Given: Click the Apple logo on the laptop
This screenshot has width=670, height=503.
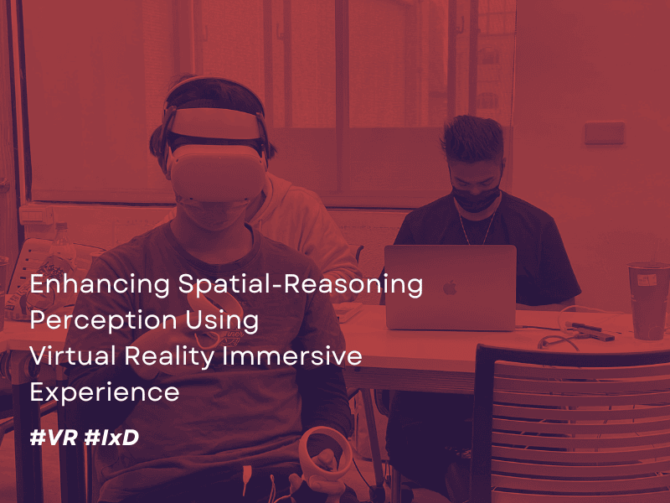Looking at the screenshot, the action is (x=450, y=288).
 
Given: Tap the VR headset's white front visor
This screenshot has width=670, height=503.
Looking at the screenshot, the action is (x=218, y=173).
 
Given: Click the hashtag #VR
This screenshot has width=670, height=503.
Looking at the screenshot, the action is (x=54, y=437).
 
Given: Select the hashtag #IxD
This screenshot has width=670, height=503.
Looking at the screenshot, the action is (x=111, y=437).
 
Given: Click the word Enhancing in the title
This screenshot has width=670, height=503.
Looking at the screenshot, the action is (x=100, y=284).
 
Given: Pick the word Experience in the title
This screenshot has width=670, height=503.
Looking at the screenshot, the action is (x=104, y=392).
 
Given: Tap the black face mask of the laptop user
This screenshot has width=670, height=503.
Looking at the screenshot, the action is (x=476, y=200).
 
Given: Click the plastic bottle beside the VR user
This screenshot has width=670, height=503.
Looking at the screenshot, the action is (x=62, y=250).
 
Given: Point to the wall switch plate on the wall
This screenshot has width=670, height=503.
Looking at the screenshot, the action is (x=605, y=132).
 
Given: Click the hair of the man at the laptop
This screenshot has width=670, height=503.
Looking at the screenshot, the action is (x=472, y=138).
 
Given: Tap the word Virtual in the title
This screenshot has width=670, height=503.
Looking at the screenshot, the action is (x=73, y=355).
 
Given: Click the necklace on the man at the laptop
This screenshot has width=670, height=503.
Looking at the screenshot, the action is (x=477, y=226).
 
